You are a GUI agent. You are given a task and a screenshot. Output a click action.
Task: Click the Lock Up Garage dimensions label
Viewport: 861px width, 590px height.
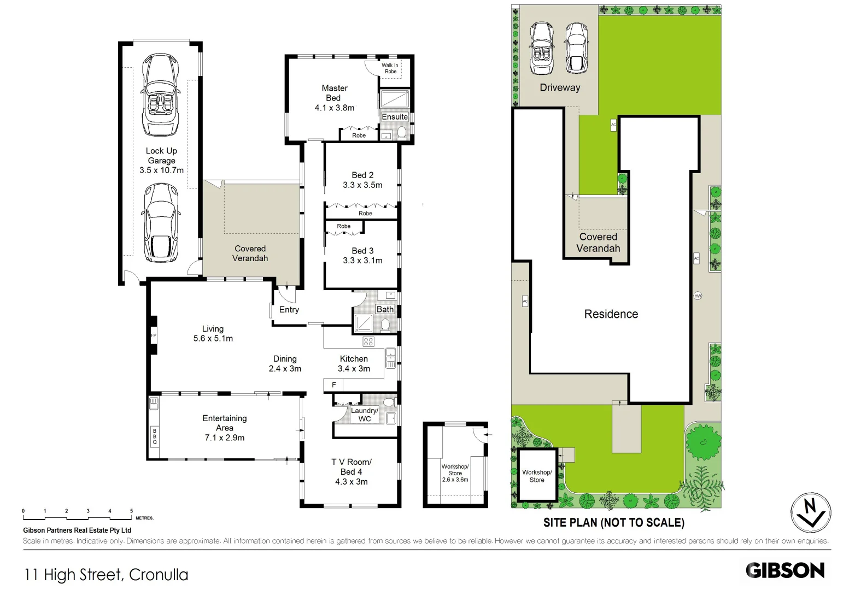pos(161,170)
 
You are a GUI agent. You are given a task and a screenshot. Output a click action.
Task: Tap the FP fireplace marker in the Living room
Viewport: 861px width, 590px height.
pos(154,335)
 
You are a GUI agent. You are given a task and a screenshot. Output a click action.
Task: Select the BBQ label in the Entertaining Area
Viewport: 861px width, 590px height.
pos(155,436)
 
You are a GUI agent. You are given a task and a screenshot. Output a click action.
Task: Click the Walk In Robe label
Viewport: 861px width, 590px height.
pos(390,68)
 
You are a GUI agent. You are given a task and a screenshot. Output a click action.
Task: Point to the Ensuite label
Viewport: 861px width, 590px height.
pos(395,117)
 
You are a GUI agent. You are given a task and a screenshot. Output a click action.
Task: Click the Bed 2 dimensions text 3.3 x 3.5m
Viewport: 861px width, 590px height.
pos(362,185)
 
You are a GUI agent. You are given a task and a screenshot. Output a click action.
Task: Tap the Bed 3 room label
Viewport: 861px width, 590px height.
pos(362,251)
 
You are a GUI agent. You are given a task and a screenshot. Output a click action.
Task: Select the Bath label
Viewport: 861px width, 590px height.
pos(385,309)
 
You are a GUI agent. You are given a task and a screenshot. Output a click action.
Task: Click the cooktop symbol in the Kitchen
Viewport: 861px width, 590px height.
pos(368,342)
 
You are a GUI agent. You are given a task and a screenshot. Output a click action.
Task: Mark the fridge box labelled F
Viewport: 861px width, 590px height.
pos(334,385)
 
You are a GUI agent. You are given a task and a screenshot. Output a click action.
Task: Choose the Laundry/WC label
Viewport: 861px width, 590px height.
pos(364,415)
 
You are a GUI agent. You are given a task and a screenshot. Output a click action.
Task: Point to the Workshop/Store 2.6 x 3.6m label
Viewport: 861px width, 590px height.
pos(455,473)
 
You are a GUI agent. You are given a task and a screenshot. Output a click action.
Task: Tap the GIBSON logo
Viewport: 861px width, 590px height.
pos(785,570)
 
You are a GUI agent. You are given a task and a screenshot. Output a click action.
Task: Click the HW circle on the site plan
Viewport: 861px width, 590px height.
pos(698,296)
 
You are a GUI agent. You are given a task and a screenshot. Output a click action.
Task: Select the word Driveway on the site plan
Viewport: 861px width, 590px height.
pos(560,87)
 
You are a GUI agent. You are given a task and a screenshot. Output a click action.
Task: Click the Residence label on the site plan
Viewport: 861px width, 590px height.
pos(611,314)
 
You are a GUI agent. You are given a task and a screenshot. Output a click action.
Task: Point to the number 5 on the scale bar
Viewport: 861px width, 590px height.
pos(131,511)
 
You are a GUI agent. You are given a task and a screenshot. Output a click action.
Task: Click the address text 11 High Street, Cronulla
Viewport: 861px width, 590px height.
pos(106,575)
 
